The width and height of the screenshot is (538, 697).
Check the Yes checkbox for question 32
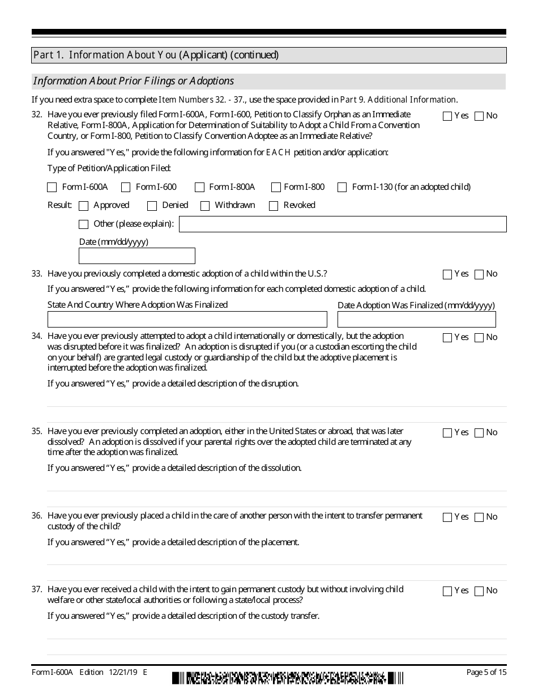pos(447,116)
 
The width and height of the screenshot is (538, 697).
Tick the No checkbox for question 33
pos(479,274)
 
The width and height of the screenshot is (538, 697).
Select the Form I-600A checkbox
pos(52,188)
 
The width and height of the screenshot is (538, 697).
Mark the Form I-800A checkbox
pos(199,188)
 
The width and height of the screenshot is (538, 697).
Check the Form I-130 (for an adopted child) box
pos(342,188)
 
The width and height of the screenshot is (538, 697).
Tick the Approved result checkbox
pos(84,206)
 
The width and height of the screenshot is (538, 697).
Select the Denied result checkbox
pos(152,206)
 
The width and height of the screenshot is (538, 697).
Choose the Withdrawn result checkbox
pos(205,206)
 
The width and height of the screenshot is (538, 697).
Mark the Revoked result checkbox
pos(274,206)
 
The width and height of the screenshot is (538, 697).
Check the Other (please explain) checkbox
pos(84,224)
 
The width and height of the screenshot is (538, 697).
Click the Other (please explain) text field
pos(343,224)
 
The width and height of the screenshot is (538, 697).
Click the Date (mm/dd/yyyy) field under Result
pos(137,256)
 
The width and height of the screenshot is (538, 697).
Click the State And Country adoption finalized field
pos(187,320)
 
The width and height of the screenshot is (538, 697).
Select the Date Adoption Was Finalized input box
pos(416,320)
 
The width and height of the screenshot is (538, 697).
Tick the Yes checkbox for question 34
pos(447,338)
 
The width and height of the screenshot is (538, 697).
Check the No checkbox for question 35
pos(479,433)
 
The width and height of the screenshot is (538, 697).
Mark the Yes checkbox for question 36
pos(447,517)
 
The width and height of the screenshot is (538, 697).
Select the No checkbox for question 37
pos(479,591)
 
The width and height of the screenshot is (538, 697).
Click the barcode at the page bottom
pos(288,678)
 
